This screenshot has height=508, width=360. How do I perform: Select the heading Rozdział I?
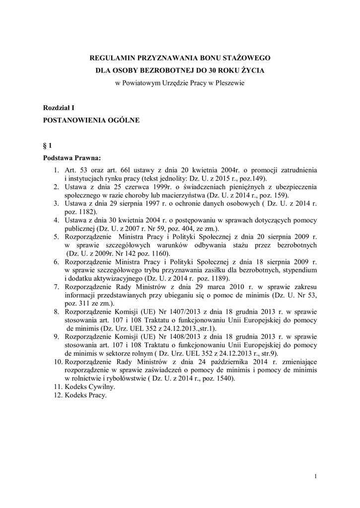click(x=59, y=107)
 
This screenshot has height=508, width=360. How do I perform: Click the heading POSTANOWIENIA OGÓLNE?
click(x=91, y=120)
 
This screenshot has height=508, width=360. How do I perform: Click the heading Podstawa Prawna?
click(x=72, y=158)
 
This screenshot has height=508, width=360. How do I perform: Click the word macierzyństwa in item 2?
click(x=174, y=195)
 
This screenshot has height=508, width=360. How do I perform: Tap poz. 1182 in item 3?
click(x=74, y=211)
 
